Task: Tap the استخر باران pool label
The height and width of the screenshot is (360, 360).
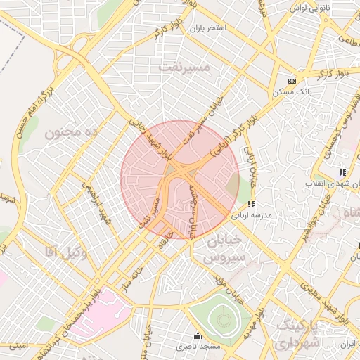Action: click(x=207, y=28)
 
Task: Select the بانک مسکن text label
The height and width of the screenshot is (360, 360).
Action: click(x=291, y=92)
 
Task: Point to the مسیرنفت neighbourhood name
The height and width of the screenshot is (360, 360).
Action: click(x=185, y=67)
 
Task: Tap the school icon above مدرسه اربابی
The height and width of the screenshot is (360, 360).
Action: click(x=251, y=205)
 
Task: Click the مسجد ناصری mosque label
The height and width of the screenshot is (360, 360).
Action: click(x=198, y=346)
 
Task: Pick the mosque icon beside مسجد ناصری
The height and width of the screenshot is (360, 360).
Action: click(x=198, y=335)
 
